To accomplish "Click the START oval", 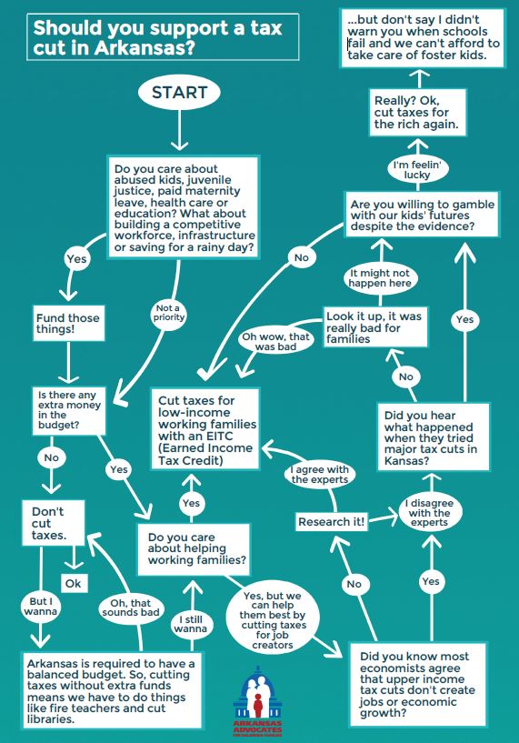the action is pos(179,93).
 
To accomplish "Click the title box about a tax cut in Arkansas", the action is pos(163,37).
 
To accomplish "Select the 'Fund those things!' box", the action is pos(69,323).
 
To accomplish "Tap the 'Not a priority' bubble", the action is pos(168,313).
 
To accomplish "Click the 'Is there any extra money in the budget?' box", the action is pos(69,410).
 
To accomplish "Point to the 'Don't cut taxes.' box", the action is pos(53,523).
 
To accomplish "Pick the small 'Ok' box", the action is pos(74,583).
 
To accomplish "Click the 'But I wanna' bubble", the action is pos(41,607).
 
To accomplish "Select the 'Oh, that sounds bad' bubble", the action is pos(131,607).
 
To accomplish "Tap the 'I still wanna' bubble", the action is pos(191,624).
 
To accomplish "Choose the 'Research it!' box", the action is pos(332,522).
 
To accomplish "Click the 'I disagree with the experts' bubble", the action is pos(429,513).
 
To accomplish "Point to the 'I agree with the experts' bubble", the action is pos(320,475).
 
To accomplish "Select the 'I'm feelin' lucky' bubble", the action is pos(417,169).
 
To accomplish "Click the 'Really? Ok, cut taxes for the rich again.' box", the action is pos(417,112).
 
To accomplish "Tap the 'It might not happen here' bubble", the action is pos(380,278).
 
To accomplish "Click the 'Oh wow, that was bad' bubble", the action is pos(276,341).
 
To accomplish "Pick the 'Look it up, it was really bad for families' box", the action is pos(375,327).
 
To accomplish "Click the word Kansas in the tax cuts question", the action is pos(407,460).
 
